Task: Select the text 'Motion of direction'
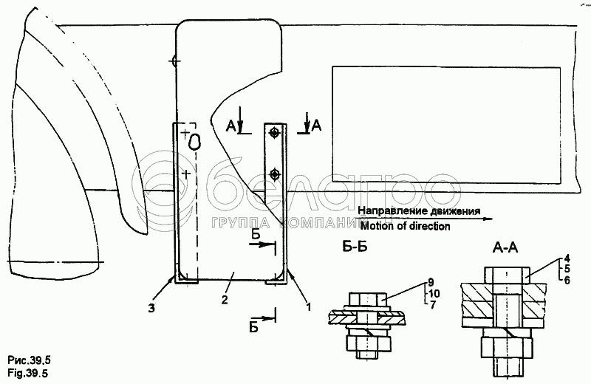pos(406,226)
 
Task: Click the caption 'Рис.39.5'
pos(27,360)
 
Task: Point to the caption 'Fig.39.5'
pos(27,373)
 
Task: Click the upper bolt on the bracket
pos(275,133)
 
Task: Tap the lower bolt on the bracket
pos(275,174)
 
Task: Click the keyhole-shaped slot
pos(195,140)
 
